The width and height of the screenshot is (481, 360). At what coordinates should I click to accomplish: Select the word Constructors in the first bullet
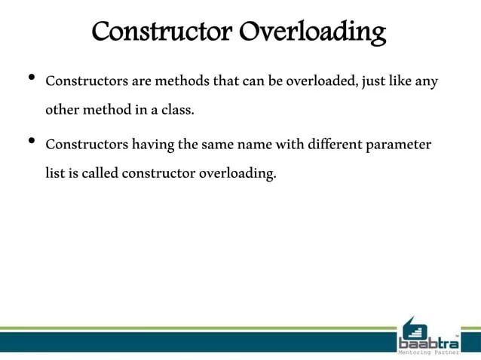click(81, 81)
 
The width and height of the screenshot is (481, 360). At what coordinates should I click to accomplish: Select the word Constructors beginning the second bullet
click(81, 144)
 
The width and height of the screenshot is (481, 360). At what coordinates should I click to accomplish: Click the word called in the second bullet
click(93, 175)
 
